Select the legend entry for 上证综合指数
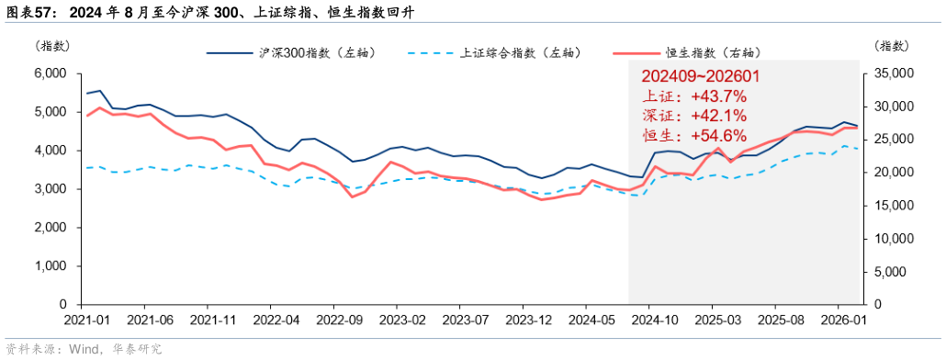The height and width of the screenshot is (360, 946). coord(518,53)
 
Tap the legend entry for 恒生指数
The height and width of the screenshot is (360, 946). coord(712,53)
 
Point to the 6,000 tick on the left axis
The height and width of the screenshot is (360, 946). coord(50,73)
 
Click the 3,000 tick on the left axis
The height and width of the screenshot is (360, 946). coord(50,189)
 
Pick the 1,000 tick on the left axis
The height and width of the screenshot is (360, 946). coord(50,265)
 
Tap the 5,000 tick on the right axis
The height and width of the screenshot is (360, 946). coord(892,272)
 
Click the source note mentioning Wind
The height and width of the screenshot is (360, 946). coord(84,349)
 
